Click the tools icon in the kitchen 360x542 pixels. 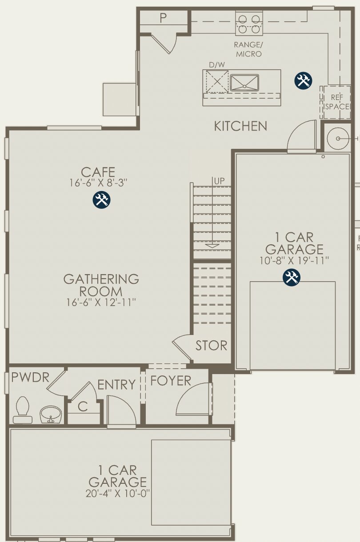pyautogui.click(x=304, y=80)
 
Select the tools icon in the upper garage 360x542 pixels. pyautogui.click(x=292, y=278)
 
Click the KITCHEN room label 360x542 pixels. pyautogui.click(x=240, y=126)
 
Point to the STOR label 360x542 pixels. pyautogui.click(x=211, y=345)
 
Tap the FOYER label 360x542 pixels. pyautogui.click(x=171, y=381)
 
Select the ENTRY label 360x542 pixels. pyautogui.click(x=116, y=385)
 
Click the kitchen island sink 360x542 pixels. pyautogui.click(x=244, y=83)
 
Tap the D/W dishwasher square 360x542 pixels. pyautogui.click(x=217, y=82)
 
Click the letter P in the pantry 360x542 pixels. pyautogui.click(x=163, y=18)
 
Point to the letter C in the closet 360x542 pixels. pyautogui.click(x=82, y=406)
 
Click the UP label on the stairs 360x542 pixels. pyautogui.click(x=219, y=181)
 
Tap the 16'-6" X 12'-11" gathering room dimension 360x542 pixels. pyautogui.click(x=101, y=303)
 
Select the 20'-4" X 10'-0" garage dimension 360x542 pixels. pyautogui.click(x=117, y=493)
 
